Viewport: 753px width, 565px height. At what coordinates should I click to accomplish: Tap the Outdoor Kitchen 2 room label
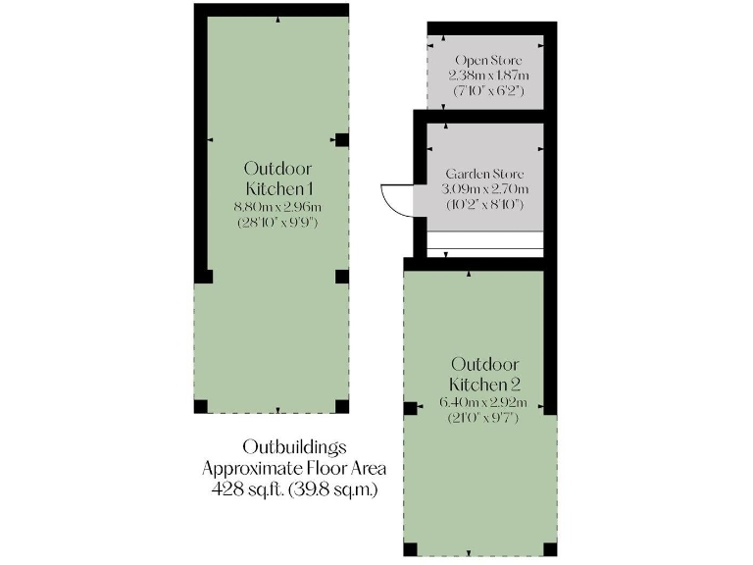pyautogui.click(x=484, y=374)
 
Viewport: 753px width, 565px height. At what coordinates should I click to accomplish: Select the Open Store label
pyautogui.click(x=485, y=61)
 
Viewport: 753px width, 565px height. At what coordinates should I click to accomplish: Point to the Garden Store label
pyautogui.click(x=484, y=174)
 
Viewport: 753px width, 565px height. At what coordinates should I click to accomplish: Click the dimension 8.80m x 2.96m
pyautogui.click(x=278, y=207)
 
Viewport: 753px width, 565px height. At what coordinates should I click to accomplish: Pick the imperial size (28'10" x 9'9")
pyautogui.click(x=278, y=223)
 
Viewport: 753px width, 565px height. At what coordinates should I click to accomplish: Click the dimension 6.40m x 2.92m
pyautogui.click(x=484, y=403)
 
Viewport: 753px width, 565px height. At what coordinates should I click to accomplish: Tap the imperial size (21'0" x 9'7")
pyautogui.click(x=484, y=418)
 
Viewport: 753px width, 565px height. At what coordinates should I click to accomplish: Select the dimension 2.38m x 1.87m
pyautogui.click(x=485, y=76)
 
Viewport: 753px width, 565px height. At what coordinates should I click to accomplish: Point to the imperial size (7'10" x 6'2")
pyautogui.click(x=485, y=90)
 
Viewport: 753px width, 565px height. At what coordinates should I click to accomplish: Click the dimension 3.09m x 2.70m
pyautogui.click(x=484, y=188)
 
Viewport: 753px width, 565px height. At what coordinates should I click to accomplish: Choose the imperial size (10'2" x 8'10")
pyautogui.click(x=484, y=204)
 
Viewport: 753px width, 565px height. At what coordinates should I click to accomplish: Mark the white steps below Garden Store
pyautogui.click(x=484, y=241)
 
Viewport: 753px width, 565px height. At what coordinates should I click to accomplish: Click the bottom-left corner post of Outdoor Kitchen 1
pyautogui.click(x=201, y=406)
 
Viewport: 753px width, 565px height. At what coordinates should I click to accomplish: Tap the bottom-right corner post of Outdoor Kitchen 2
pyautogui.click(x=550, y=548)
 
